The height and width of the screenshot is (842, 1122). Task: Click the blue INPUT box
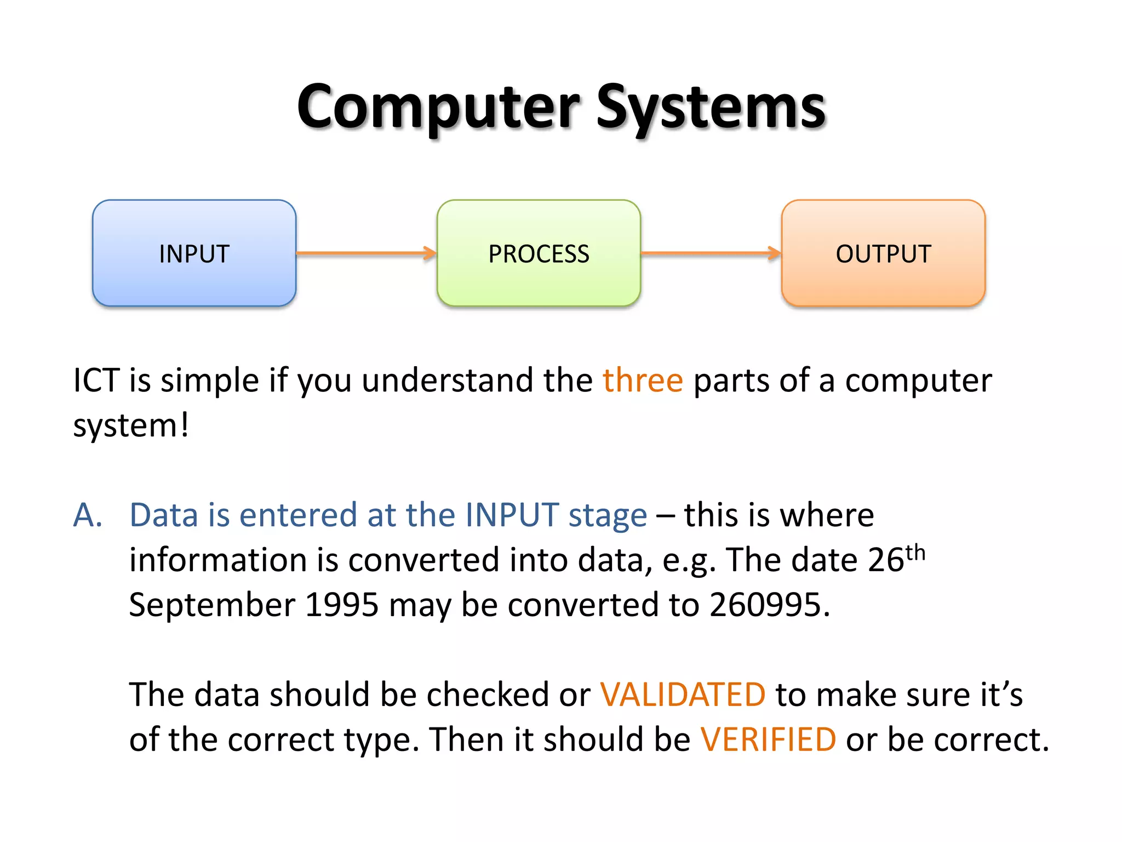[194, 253]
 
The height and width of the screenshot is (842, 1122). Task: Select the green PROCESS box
[539, 253]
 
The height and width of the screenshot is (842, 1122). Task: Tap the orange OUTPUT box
[883, 253]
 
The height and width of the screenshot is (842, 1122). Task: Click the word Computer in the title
[438, 107]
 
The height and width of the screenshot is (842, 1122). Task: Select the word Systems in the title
[711, 107]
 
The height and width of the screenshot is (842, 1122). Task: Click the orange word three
[643, 380]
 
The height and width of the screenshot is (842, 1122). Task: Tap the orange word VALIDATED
[683, 695]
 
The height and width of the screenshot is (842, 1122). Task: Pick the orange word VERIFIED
[768, 740]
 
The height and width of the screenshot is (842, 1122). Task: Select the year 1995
[341, 605]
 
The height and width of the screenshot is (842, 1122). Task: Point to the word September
[212, 605]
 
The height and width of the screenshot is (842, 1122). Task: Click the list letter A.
[88, 515]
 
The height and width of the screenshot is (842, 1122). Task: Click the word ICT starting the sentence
[96, 380]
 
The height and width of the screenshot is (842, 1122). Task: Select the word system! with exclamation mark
[131, 426]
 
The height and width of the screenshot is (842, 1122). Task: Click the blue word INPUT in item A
[512, 515]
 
